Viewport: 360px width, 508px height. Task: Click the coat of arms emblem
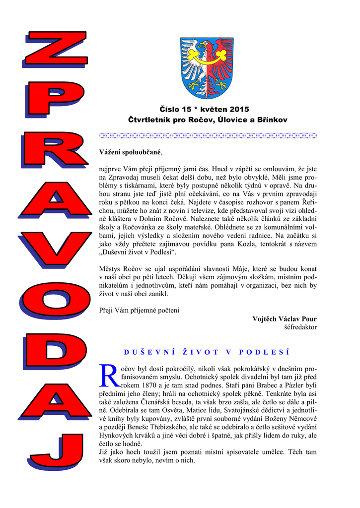click(206, 68)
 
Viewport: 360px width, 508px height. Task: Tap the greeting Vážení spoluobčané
click(130, 152)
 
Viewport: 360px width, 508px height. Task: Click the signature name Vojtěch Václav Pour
click(285, 319)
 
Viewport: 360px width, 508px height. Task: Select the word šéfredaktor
click(300, 327)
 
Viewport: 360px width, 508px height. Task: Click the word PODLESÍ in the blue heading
click(264, 352)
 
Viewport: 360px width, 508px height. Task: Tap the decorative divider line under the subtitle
click(208, 135)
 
